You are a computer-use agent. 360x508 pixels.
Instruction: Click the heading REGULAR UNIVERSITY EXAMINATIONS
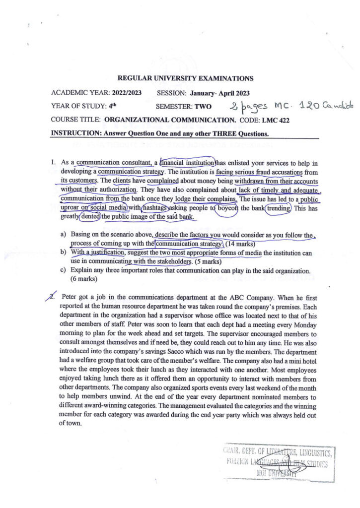[185, 78]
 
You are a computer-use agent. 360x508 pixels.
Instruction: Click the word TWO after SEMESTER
[202, 106]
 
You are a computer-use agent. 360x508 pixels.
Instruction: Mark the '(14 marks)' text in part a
[241, 244]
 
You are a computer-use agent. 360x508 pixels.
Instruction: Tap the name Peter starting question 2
[70, 297]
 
